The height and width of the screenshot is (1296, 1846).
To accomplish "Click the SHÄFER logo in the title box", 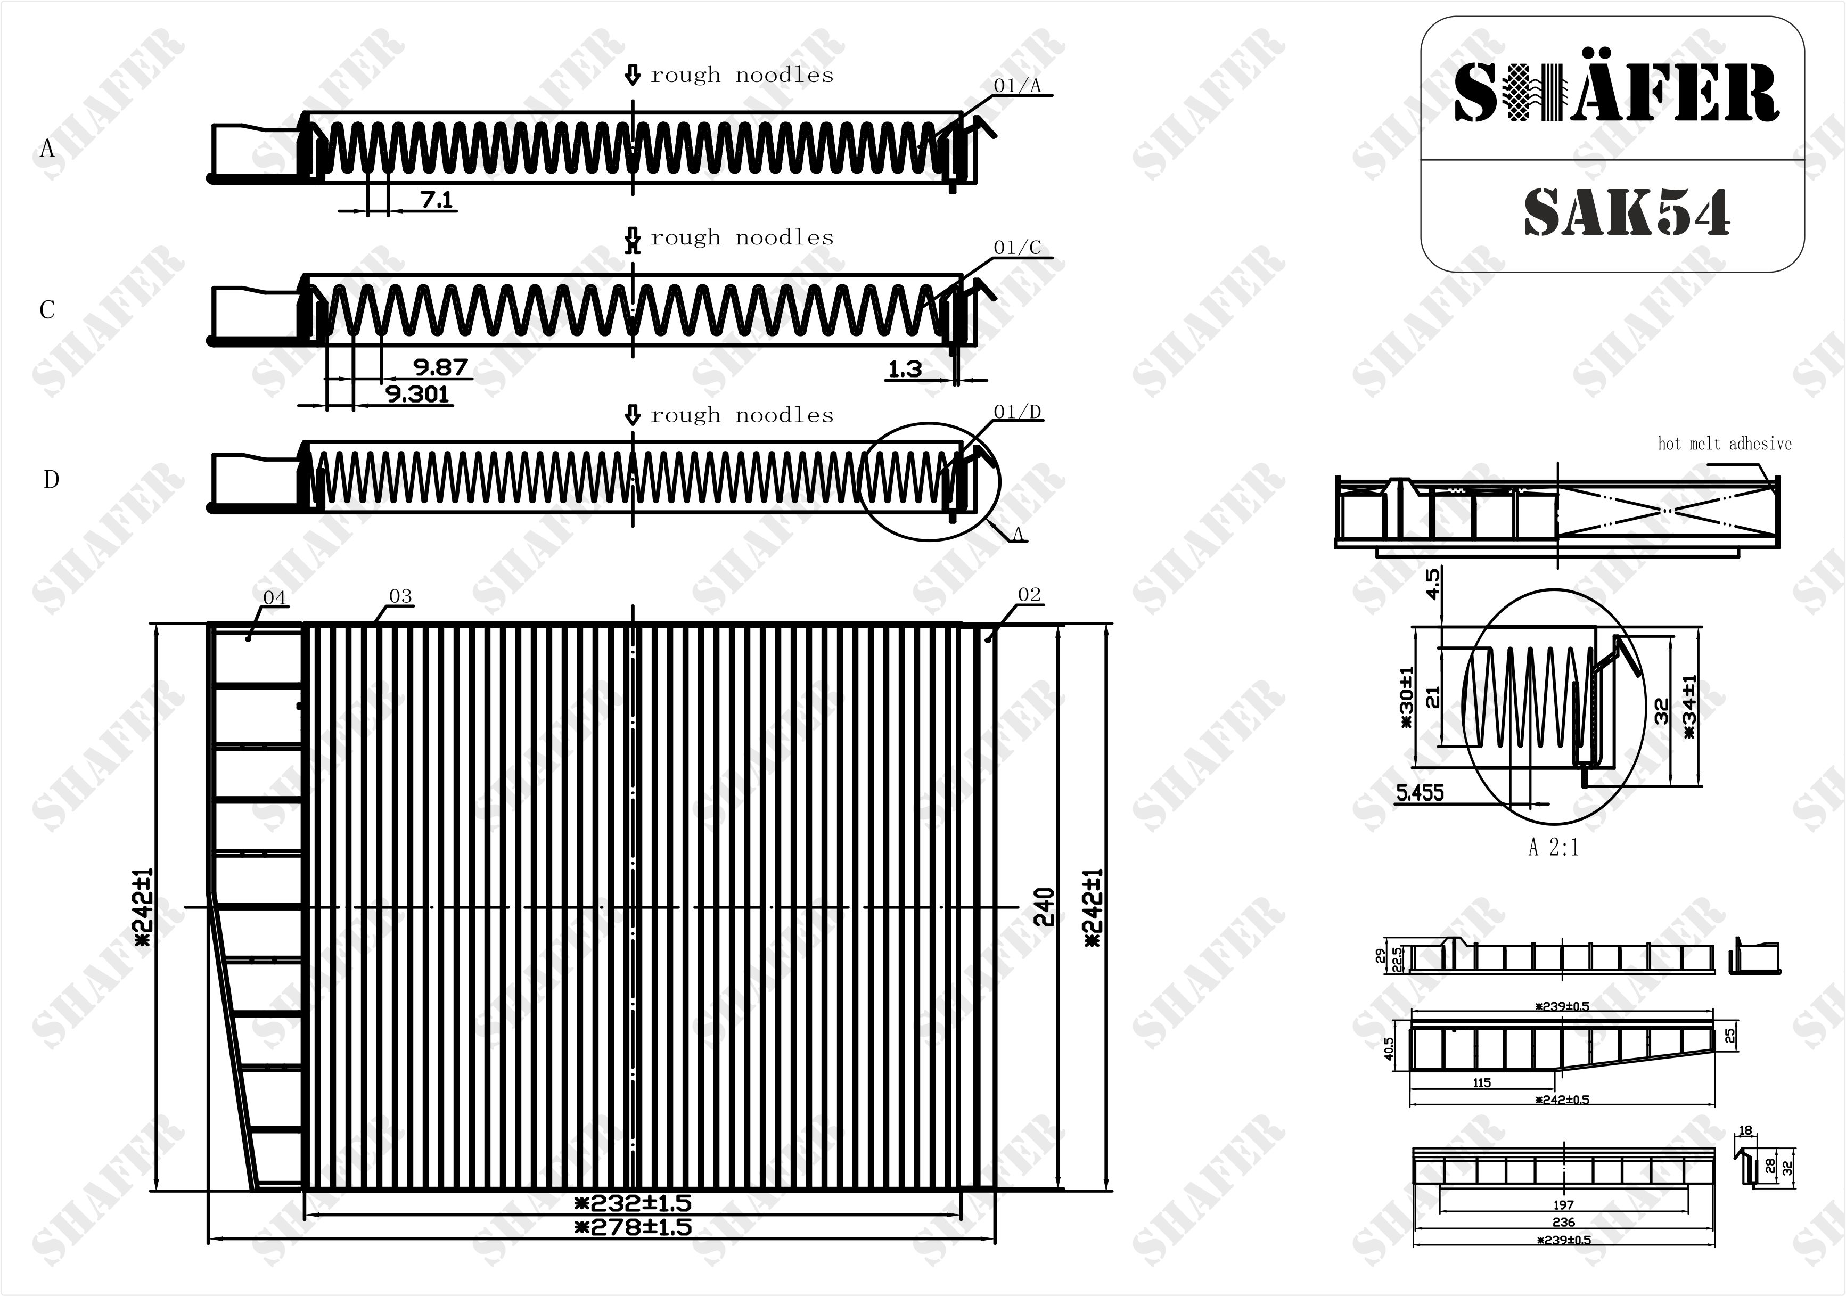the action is (1616, 94).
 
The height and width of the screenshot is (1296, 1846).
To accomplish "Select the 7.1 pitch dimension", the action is (437, 199).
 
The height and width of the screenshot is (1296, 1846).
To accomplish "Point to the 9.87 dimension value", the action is (440, 367).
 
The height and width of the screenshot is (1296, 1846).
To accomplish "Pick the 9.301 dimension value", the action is (417, 394).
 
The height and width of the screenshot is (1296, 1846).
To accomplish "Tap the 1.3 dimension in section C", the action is (905, 369).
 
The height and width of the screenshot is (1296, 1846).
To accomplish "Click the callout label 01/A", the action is (1017, 86).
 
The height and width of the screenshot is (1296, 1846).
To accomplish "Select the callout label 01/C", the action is (1017, 248).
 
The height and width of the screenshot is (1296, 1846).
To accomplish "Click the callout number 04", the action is (274, 597).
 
